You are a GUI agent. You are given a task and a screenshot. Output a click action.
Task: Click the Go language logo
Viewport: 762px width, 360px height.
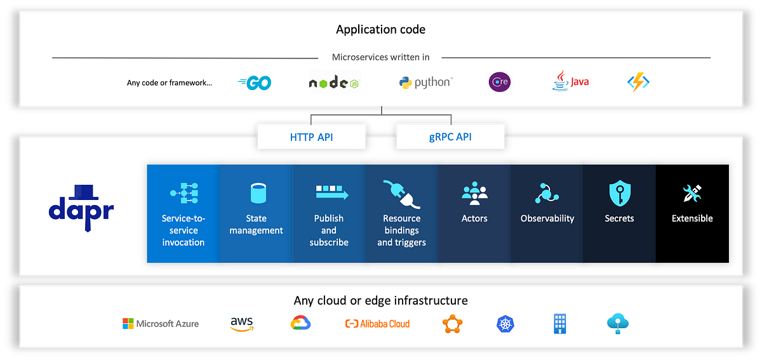point(255,83)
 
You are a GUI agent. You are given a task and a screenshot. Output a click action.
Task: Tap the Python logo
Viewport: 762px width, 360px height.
point(425,82)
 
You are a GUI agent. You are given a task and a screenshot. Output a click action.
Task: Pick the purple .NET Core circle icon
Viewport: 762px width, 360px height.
point(499,82)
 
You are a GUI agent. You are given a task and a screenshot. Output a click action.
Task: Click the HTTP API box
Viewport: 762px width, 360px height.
point(311,137)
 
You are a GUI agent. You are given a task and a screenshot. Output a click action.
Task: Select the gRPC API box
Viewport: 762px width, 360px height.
point(450,137)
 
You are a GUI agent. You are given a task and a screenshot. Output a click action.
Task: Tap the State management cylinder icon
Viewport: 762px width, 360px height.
point(257,193)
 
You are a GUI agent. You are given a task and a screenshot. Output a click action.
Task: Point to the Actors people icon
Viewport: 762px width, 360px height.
point(474,193)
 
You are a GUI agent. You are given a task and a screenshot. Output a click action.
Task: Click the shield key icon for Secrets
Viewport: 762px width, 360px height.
point(619,193)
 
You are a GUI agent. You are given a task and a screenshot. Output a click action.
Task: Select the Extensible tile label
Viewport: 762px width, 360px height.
point(692,218)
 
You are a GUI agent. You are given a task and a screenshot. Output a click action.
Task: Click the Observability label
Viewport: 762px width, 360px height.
point(547,218)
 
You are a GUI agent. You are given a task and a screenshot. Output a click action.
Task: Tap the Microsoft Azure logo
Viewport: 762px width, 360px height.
point(161,324)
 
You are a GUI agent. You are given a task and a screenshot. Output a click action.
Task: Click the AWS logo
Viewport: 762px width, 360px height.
point(242,324)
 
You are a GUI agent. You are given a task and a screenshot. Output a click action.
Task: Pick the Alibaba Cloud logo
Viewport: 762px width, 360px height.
point(377,324)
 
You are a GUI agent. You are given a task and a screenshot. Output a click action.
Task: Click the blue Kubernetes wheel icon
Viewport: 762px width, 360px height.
point(505,324)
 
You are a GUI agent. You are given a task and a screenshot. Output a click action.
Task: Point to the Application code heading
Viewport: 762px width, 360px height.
point(380,29)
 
